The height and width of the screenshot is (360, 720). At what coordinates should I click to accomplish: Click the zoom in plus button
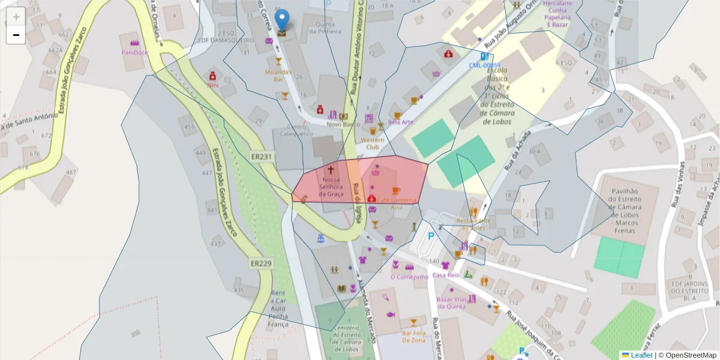coord(16,16)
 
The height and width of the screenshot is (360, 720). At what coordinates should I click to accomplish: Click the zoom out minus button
coord(16,35)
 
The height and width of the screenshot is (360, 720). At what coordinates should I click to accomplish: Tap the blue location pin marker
coord(281,22)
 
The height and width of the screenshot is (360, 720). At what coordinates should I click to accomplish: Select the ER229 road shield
coord(261,263)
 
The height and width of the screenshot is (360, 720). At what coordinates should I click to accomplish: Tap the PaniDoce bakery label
coord(134,52)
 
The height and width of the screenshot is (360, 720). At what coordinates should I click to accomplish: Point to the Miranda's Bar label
coord(278,75)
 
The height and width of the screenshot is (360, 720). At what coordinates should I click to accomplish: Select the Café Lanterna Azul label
coord(397,203)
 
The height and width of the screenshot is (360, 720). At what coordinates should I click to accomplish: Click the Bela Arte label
coord(401,122)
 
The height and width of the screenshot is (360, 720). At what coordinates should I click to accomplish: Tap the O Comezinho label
coord(409,277)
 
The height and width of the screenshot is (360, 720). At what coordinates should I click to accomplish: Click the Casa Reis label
coord(445,275)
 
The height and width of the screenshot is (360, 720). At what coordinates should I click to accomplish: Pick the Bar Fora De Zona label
coord(414,337)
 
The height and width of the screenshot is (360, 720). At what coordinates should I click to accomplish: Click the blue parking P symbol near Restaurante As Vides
coord(430,236)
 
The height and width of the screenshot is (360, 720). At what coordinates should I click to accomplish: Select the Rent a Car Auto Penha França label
coord(278,308)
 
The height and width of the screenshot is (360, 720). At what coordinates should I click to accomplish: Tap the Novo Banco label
coord(343,124)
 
